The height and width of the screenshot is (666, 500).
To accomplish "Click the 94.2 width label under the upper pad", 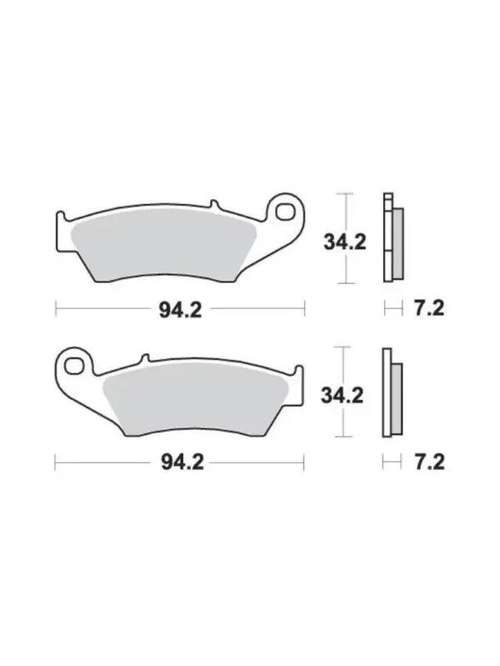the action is pos(180,310).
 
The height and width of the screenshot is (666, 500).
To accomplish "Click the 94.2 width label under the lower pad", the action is pos(182,462).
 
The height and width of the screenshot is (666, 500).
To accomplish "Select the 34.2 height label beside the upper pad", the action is pos(345,242).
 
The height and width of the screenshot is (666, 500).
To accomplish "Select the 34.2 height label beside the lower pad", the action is pos(342,395).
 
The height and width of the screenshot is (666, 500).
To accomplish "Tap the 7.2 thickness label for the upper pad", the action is pos(429,308).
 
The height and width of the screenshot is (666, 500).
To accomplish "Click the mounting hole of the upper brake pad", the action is pos(285,211).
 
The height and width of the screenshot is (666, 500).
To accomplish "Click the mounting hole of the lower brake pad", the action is pos(74,365).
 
